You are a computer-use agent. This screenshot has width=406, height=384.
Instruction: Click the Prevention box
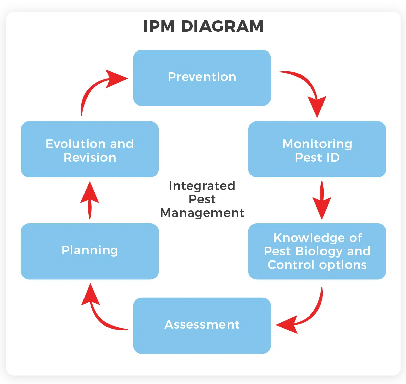(202, 78)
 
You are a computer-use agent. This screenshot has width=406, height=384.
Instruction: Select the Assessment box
(202, 326)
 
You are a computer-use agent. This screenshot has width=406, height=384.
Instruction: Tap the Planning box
(90, 251)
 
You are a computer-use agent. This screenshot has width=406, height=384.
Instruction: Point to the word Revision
(90, 158)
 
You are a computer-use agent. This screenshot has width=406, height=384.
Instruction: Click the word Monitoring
(317, 144)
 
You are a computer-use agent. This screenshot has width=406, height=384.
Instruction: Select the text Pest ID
(317, 158)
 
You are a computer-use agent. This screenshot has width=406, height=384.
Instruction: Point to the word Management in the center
(202, 213)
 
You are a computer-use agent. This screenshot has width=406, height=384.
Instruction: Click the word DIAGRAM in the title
(222, 26)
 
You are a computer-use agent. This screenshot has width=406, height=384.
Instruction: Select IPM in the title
(159, 26)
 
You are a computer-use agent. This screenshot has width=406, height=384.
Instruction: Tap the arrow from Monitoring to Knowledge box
(322, 200)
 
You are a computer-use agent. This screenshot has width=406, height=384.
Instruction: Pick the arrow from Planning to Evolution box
(90, 200)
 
